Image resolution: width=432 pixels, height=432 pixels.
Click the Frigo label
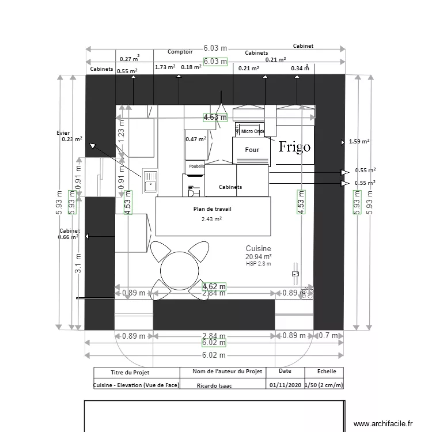click(x=294, y=147)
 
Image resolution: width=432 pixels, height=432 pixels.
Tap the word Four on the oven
click(x=252, y=150)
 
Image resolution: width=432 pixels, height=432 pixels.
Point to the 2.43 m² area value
click(x=211, y=219)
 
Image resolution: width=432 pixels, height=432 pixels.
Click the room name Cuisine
click(x=258, y=248)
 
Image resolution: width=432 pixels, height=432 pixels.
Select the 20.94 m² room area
click(x=258, y=256)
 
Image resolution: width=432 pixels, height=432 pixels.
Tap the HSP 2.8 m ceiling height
click(x=258, y=264)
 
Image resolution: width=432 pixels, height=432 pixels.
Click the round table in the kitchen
click(x=179, y=270)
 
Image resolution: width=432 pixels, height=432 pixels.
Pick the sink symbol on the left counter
click(x=150, y=181)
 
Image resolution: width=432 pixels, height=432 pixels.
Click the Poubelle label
click(x=195, y=166)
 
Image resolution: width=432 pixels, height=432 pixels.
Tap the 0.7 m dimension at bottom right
click(x=328, y=336)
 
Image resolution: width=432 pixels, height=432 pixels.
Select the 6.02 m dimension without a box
click(x=214, y=355)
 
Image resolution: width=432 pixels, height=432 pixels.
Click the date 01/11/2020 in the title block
click(x=285, y=385)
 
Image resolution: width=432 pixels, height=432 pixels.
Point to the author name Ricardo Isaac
click(x=214, y=385)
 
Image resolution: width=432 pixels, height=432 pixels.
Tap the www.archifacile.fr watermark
click(x=383, y=423)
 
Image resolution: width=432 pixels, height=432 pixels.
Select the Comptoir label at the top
click(x=180, y=52)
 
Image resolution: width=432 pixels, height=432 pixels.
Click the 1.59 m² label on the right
click(x=359, y=141)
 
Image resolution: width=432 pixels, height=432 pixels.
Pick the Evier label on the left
click(x=63, y=132)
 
